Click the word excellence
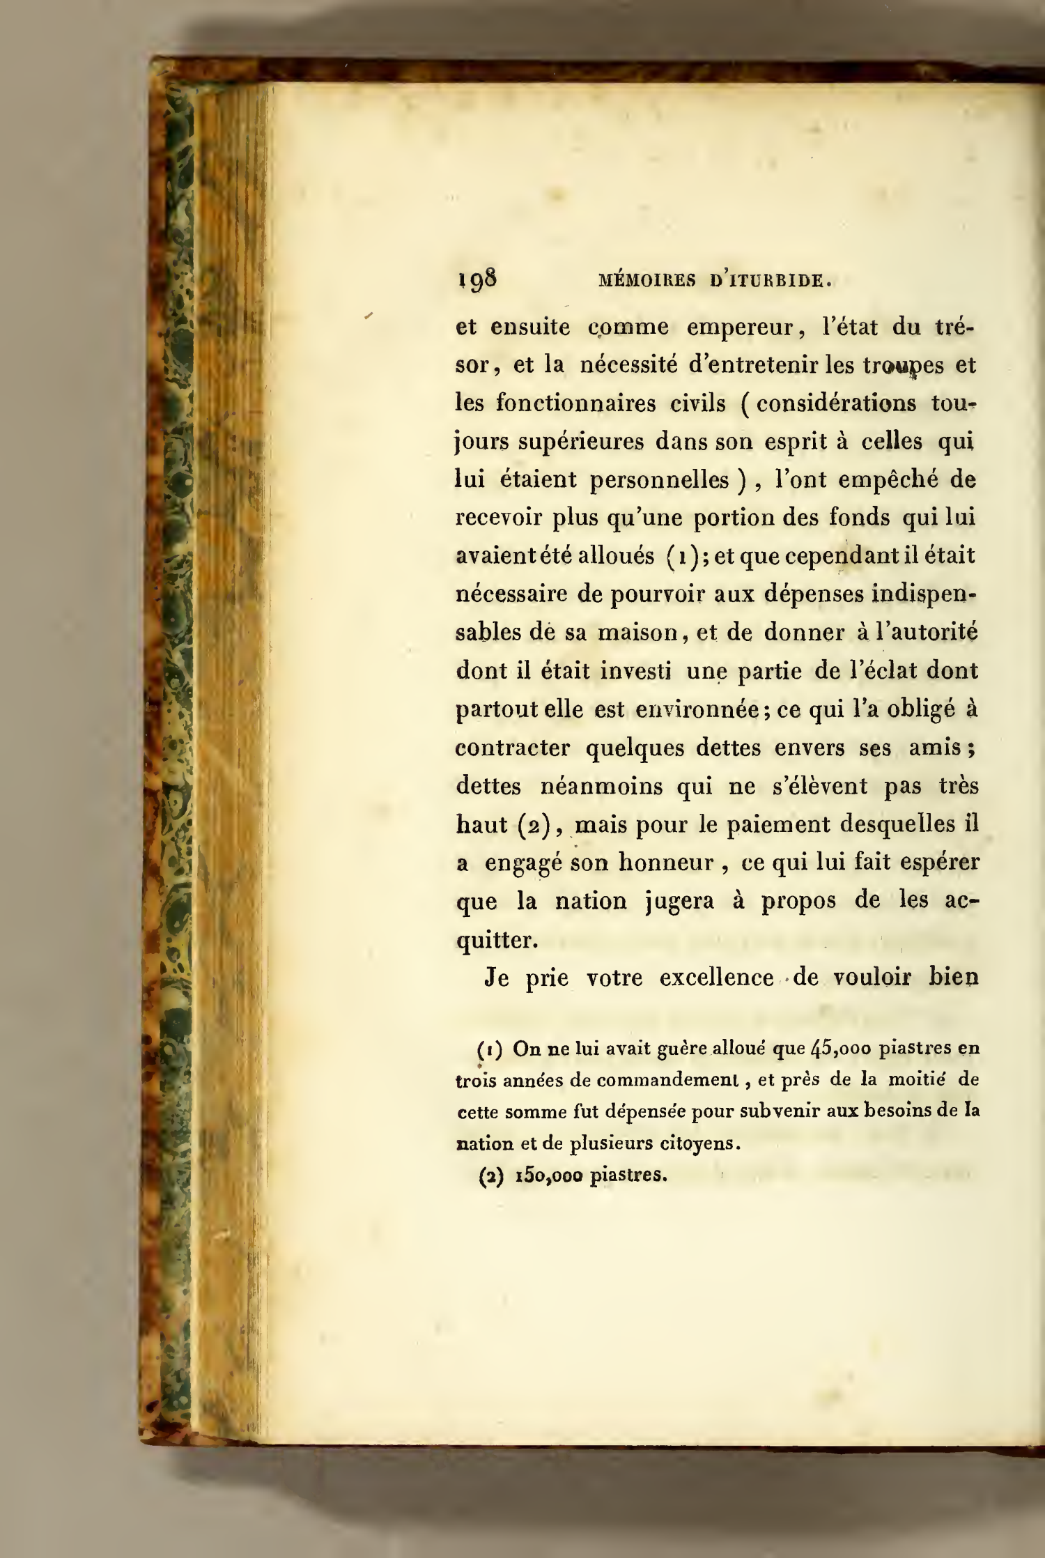tap(717, 978)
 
